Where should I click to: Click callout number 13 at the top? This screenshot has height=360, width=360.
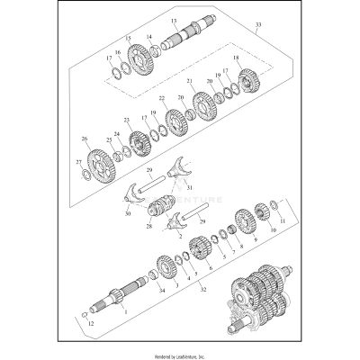click(173, 20)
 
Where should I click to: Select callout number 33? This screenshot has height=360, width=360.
click(260, 27)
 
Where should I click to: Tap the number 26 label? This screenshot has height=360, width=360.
click(84, 139)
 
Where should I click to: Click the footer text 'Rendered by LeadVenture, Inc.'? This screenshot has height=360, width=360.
click(180, 354)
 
